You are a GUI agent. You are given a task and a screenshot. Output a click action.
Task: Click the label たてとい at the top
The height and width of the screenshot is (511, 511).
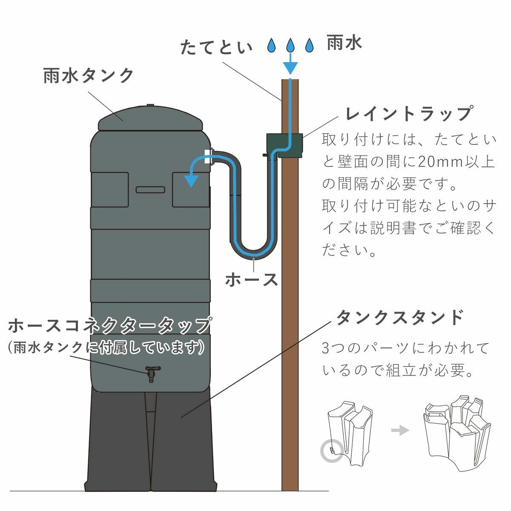(x=216, y=47)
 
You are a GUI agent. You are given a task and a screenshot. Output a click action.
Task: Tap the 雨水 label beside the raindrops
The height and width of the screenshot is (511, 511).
(x=344, y=43)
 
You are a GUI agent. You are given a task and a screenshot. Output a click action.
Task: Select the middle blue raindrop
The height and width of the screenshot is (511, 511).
(x=290, y=45)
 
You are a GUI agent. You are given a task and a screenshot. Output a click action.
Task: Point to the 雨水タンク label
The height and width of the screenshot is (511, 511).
(x=89, y=76)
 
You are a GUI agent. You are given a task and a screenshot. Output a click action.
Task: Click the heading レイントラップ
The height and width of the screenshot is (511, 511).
(x=409, y=114)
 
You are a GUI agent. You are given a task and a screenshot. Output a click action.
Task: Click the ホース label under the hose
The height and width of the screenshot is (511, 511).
(x=251, y=280)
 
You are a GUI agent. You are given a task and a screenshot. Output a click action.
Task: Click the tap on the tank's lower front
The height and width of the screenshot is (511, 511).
(x=152, y=373)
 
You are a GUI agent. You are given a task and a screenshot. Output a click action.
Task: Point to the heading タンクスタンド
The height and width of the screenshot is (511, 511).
(x=399, y=317)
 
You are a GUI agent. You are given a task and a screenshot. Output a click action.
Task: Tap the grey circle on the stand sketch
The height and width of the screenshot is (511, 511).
(x=331, y=451)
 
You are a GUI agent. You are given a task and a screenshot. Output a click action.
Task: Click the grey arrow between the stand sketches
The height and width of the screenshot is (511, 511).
(x=400, y=431)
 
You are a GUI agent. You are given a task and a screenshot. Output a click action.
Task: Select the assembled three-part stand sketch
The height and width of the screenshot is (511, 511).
(x=458, y=432)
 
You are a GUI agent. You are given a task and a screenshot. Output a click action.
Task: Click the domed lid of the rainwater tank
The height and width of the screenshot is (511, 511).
(x=150, y=119)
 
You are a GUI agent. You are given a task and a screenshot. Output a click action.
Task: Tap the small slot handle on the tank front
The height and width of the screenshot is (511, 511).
(x=150, y=189)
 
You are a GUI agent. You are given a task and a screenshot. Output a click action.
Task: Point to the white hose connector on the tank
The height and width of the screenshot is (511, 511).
(x=208, y=156)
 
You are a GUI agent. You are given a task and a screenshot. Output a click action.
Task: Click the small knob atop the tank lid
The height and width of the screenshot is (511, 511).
(x=150, y=105)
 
